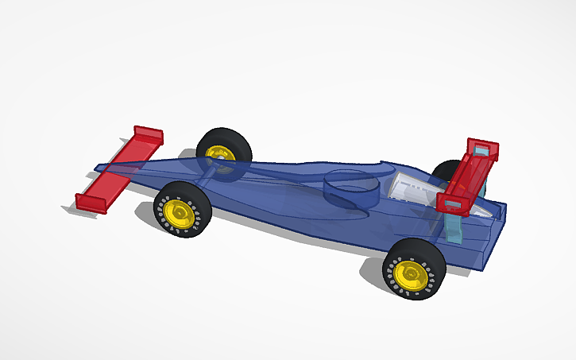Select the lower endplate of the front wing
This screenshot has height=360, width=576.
point(91,203)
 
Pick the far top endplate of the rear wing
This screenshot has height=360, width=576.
point(483,147)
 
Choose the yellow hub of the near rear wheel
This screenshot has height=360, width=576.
point(409,273)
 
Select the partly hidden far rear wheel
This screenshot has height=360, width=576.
point(446,170)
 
